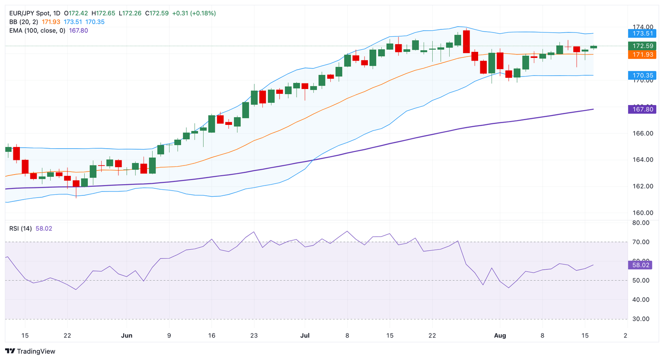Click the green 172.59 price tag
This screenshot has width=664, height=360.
tap(642, 46)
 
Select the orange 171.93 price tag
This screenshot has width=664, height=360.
tap(642, 54)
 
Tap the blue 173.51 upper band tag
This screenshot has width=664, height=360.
tap(642, 33)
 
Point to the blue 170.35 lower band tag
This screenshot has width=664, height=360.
tap(642, 75)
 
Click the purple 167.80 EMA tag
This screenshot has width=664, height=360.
tap(642, 109)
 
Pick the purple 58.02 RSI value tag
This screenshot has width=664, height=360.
tap(640, 265)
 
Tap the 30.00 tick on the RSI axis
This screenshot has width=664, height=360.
tap(640, 319)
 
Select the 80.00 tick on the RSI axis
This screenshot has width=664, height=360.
tap(640, 223)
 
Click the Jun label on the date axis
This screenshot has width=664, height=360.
tap(127, 335)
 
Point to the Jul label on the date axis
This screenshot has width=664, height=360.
tap(305, 335)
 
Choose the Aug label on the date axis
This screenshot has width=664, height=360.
tap(500, 335)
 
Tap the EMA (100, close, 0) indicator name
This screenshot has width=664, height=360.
tap(37, 31)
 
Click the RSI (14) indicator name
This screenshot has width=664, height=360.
tap(20, 229)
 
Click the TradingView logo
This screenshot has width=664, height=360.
tap(30, 351)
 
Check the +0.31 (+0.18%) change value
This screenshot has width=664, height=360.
tap(194, 13)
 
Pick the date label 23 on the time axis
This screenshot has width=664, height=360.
tap(254, 335)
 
